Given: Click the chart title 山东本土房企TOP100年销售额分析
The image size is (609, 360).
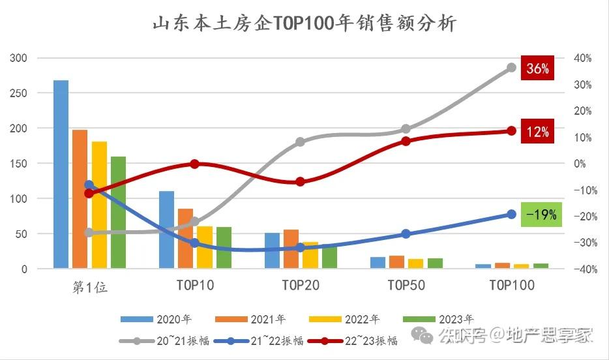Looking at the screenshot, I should click(x=304, y=23).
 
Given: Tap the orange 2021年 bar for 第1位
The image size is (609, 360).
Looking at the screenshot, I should click(x=80, y=198).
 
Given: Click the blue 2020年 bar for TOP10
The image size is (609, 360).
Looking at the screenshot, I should click(x=166, y=229).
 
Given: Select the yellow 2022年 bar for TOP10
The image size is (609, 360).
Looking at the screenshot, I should click(x=205, y=247).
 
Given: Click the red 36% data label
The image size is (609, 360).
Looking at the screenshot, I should click(x=537, y=68).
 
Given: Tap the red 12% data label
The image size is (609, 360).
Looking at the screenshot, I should click(x=537, y=132).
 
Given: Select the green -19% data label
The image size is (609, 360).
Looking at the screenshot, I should click(x=541, y=215).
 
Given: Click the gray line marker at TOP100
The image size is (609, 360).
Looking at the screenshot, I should click(x=511, y=68).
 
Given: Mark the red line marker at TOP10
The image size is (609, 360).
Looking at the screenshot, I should click(x=194, y=164).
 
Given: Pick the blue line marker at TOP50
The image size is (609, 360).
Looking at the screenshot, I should click(x=406, y=233).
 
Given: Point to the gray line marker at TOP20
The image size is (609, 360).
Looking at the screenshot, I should click(x=300, y=142).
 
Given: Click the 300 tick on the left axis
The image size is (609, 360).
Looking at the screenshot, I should click(x=19, y=58).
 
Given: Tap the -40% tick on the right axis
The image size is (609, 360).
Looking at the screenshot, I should click(x=582, y=269).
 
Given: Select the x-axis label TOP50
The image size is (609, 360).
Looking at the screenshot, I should click(x=406, y=285).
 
